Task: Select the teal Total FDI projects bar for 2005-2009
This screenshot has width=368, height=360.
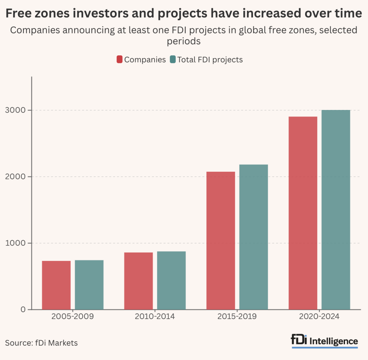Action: pos(89,285)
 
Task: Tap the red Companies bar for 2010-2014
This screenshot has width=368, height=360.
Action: pos(138,281)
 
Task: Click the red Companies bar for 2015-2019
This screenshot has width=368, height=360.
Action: pos(221,240)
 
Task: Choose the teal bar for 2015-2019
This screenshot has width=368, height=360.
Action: pos(254,237)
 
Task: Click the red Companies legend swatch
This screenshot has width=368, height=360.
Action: pos(120,60)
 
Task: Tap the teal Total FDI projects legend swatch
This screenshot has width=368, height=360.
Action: pos(172,60)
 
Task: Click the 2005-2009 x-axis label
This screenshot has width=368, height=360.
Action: pos(73,317)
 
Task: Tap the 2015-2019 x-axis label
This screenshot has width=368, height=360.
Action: pos(237,317)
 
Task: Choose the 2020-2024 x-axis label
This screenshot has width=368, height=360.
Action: pos(319,317)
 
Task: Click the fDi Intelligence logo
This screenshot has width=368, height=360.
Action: pos(325,341)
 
